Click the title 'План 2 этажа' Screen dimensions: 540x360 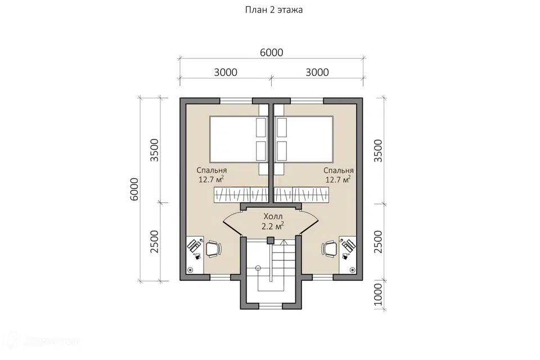click(x=274, y=10)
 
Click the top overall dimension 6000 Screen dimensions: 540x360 click(x=271, y=53)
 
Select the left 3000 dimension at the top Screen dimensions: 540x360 click(x=226, y=73)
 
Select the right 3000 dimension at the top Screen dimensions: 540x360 click(x=317, y=73)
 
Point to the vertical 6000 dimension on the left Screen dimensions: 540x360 click(x=134, y=189)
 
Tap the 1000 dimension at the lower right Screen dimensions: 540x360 click(x=378, y=295)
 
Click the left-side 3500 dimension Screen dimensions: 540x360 click(x=155, y=150)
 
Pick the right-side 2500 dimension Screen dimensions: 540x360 click(x=378, y=242)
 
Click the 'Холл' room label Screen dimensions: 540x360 click(x=273, y=217)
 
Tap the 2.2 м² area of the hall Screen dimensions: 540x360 click(x=273, y=226)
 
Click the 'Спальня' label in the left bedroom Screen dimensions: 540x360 click(x=211, y=170)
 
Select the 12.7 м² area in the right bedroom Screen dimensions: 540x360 click(x=338, y=179)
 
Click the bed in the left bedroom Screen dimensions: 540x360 click(x=238, y=139)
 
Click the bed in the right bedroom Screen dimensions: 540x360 click(x=304, y=139)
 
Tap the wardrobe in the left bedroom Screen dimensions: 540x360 click(x=241, y=195)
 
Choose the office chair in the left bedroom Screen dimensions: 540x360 click(x=214, y=249)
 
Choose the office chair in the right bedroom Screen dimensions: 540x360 click(x=330, y=249)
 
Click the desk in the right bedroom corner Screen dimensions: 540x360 click(x=348, y=255)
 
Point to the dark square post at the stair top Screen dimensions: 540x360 click(x=271, y=240)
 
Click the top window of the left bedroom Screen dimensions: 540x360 click(x=236, y=101)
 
